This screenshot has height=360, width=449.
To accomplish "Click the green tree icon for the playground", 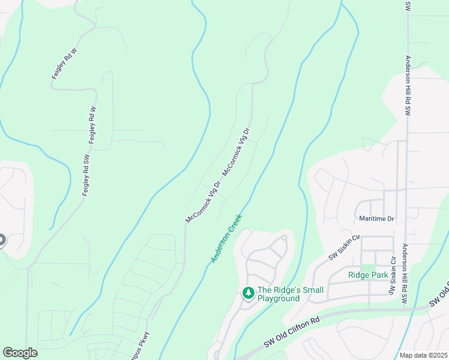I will coord(247,293).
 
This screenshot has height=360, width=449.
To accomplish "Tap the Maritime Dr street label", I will coord(376,219).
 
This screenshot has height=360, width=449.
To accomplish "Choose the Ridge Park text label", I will coord(368,275).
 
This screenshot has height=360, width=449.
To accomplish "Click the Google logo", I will coord(20,353).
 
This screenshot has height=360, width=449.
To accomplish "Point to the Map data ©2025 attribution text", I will coord(423,355).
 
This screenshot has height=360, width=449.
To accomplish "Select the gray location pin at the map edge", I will coord(1,241).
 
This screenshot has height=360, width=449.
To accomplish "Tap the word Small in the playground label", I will coord(312,290).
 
